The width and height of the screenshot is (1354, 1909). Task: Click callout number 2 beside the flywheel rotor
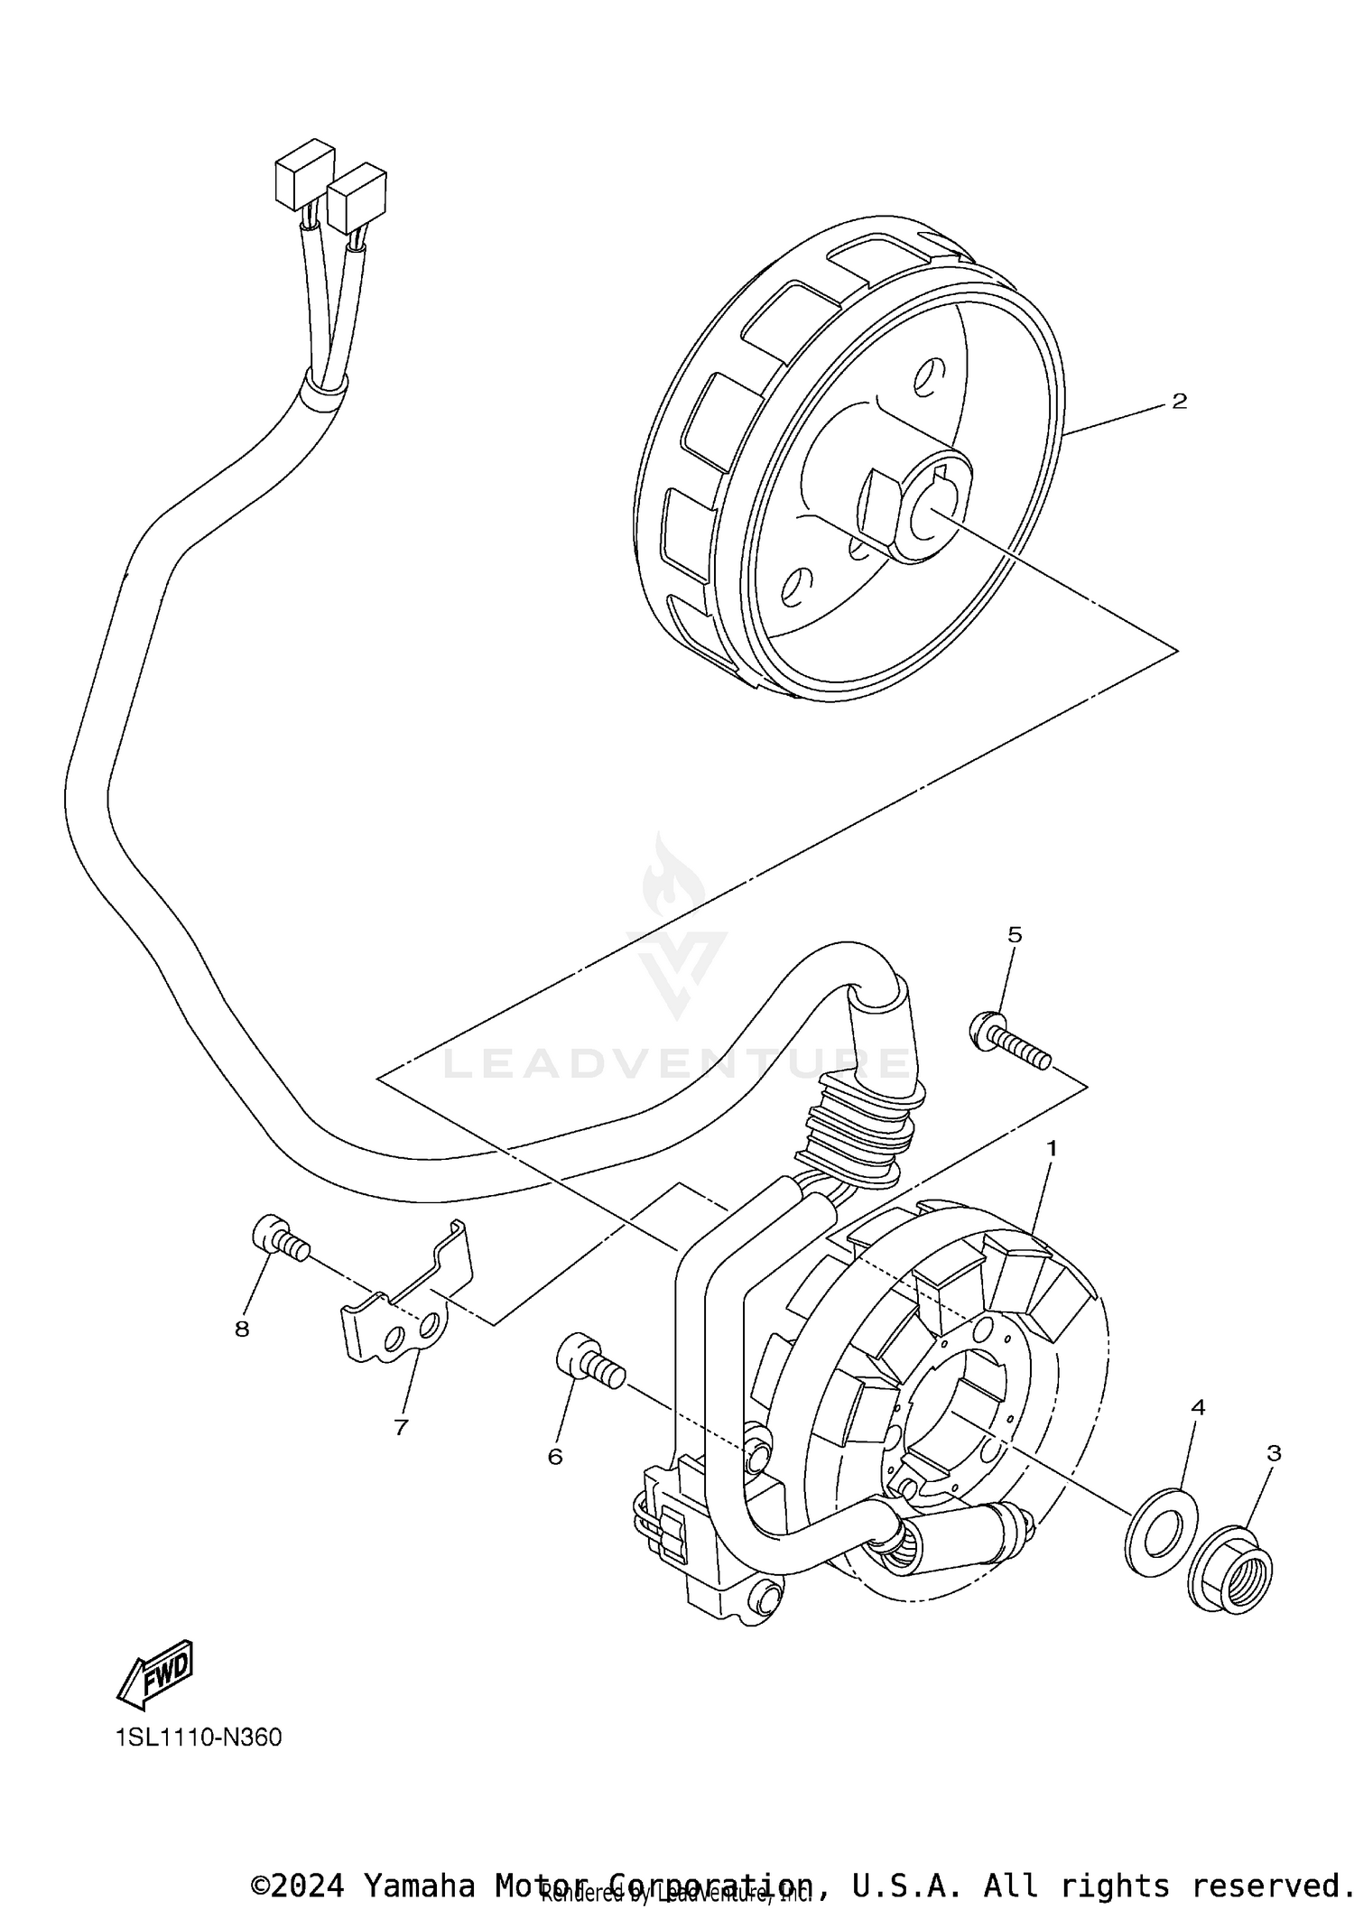1179,401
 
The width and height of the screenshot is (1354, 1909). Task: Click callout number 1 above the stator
1051,1148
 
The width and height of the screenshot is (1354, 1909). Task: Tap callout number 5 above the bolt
1015,935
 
